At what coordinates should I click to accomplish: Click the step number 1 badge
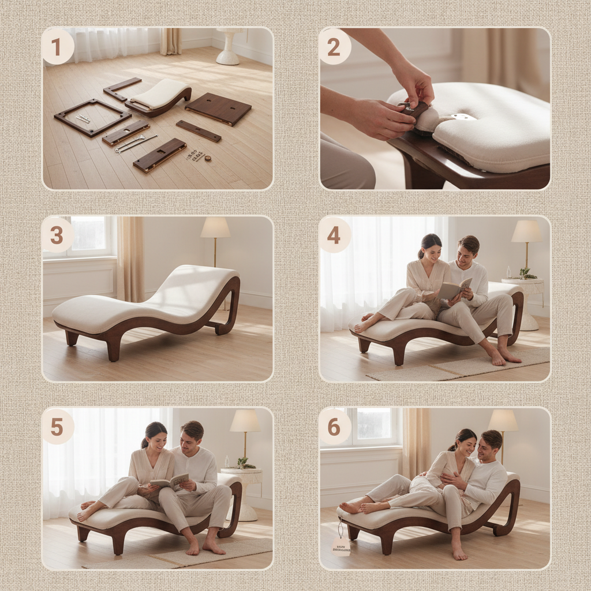click(x=58, y=46)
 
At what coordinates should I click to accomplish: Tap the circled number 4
click(x=335, y=234)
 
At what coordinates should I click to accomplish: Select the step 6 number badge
click(x=335, y=427)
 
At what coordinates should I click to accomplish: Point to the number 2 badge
click(x=335, y=46)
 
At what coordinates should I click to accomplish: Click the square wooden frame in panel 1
click(x=92, y=117)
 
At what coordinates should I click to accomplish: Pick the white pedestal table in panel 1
click(x=229, y=46)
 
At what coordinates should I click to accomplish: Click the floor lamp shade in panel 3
click(x=215, y=227)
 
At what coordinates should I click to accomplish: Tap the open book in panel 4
click(x=454, y=289)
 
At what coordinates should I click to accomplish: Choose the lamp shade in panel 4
click(x=526, y=231)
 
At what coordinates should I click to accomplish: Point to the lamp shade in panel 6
click(x=503, y=421)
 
